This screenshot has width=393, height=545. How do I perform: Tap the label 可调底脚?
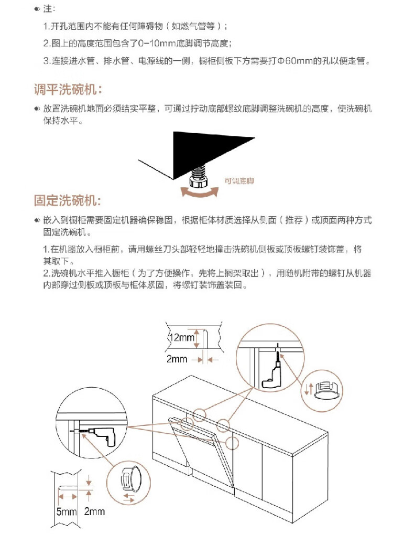coord(239,181)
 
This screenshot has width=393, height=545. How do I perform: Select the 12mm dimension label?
coord(181,337)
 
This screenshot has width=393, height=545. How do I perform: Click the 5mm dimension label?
coord(67,511)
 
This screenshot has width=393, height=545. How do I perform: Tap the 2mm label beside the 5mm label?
coord(94,511)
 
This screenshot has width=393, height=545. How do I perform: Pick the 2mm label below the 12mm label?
coord(177,359)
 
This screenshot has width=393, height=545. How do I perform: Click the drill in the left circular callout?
coord(101,435)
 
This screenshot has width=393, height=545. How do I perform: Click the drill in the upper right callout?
coord(274,372)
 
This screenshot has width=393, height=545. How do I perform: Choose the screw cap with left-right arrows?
coord(130,478)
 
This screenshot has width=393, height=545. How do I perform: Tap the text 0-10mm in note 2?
coord(157,44)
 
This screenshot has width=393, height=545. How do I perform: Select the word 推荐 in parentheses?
coord(294,220)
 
